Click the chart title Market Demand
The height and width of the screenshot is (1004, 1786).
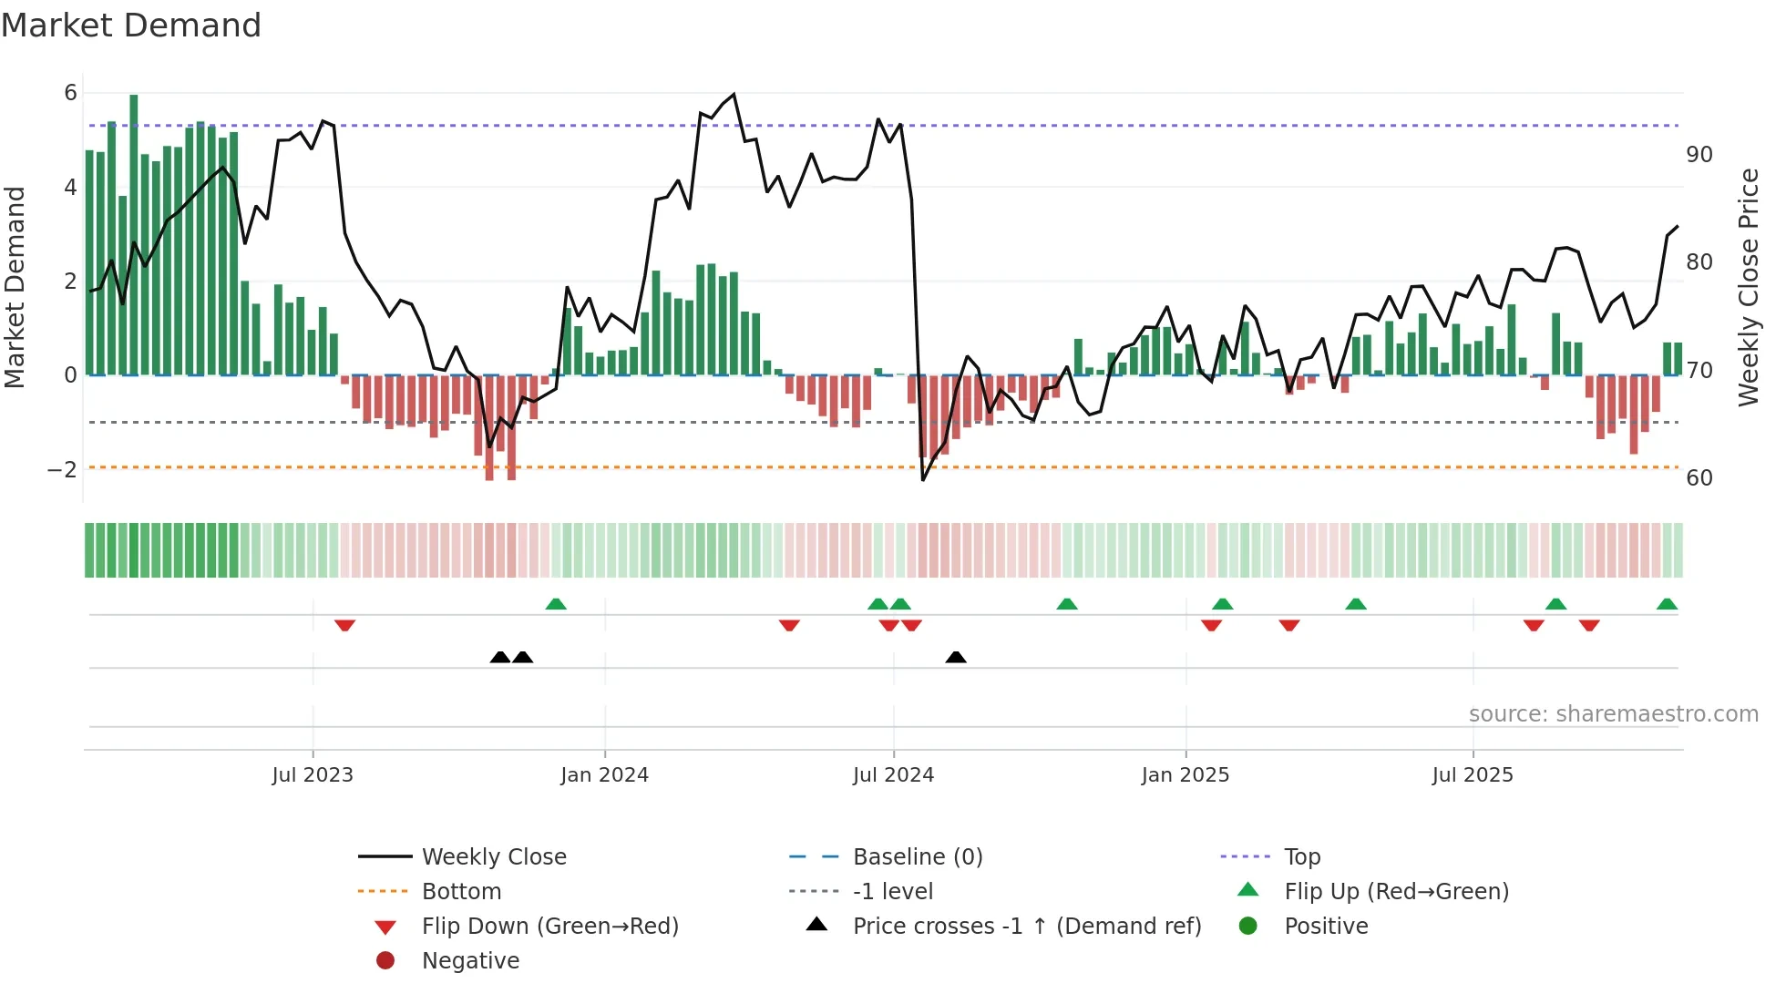(x=131, y=26)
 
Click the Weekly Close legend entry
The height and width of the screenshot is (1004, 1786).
(x=493, y=856)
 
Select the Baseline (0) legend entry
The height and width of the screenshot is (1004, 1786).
(x=917, y=856)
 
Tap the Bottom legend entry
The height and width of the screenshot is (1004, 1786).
(x=461, y=891)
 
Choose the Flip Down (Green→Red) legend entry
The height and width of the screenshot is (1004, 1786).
(x=549, y=926)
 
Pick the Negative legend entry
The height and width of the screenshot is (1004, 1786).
(x=470, y=960)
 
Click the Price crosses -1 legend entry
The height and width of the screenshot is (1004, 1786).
(x=1026, y=926)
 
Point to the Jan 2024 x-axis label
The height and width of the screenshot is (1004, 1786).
(x=604, y=774)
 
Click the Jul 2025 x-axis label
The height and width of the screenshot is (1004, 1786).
(x=1472, y=774)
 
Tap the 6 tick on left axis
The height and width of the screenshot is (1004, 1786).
(x=70, y=92)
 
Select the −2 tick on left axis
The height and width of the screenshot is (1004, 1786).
(x=62, y=469)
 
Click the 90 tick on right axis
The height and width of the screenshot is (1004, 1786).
(x=1699, y=154)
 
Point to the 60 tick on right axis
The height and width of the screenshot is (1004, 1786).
(x=1699, y=477)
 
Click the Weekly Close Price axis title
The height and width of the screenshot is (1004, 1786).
(x=1748, y=287)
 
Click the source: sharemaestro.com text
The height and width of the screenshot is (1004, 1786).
(x=1613, y=713)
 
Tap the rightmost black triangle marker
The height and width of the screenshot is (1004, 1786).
(x=956, y=657)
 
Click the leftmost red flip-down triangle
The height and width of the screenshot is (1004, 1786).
(x=344, y=625)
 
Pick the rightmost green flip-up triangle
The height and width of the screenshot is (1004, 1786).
(x=1667, y=604)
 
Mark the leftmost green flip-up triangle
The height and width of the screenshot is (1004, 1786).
(x=556, y=604)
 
